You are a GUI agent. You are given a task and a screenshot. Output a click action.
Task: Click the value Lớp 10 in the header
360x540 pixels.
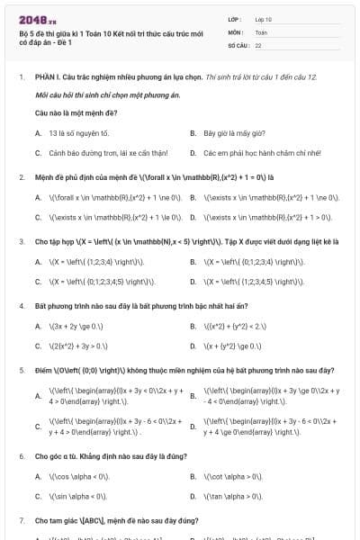(265, 18)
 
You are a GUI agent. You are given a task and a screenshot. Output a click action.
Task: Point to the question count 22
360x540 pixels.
(258, 45)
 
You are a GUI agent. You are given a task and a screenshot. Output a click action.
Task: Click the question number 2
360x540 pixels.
(21, 177)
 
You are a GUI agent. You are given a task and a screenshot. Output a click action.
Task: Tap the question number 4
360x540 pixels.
(21, 305)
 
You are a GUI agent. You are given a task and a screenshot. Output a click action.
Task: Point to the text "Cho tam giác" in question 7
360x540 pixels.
(56, 520)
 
